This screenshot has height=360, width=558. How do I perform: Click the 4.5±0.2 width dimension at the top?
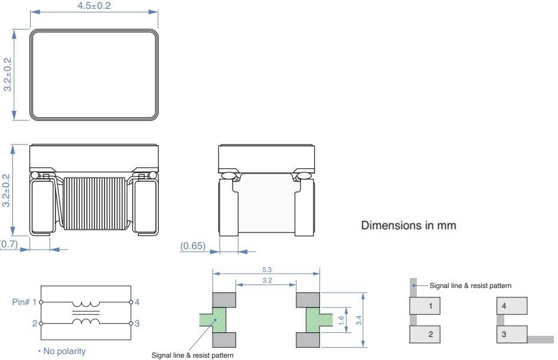tap(94, 6)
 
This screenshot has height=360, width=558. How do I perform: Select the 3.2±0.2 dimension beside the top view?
tap(7, 74)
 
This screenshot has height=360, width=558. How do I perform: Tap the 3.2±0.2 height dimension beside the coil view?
tap(7, 189)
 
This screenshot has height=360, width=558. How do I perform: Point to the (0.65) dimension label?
tap(193, 246)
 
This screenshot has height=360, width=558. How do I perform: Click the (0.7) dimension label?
tap(8, 243)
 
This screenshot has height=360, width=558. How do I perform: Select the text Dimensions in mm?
tap(408, 225)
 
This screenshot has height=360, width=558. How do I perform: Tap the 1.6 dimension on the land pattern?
tap(341, 319)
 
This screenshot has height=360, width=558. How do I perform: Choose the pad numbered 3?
tap(511, 335)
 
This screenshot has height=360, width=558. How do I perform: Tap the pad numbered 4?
tap(511, 306)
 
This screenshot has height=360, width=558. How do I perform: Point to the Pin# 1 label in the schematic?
tap(24, 302)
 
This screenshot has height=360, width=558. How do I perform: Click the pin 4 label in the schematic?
tap(136, 302)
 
